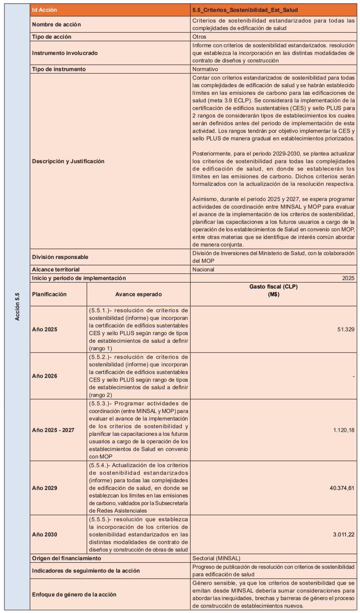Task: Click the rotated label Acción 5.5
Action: (x=17, y=307)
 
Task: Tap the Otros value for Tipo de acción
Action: (x=200, y=36)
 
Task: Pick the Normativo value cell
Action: (x=206, y=69)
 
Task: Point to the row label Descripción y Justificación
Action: (x=68, y=161)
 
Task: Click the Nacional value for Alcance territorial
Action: (x=203, y=269)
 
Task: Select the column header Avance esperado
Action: (x=138, y=294)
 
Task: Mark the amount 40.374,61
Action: (x=339, y=488)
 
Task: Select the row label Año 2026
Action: (x=45, y=376)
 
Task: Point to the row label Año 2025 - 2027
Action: (x=53, y=430)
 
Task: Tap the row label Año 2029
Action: (x=45, y=488)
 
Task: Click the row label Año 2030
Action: (x=45, y=534)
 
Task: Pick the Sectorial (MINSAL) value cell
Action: (x=216, y=558)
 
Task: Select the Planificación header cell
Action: (x=49, y=294)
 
